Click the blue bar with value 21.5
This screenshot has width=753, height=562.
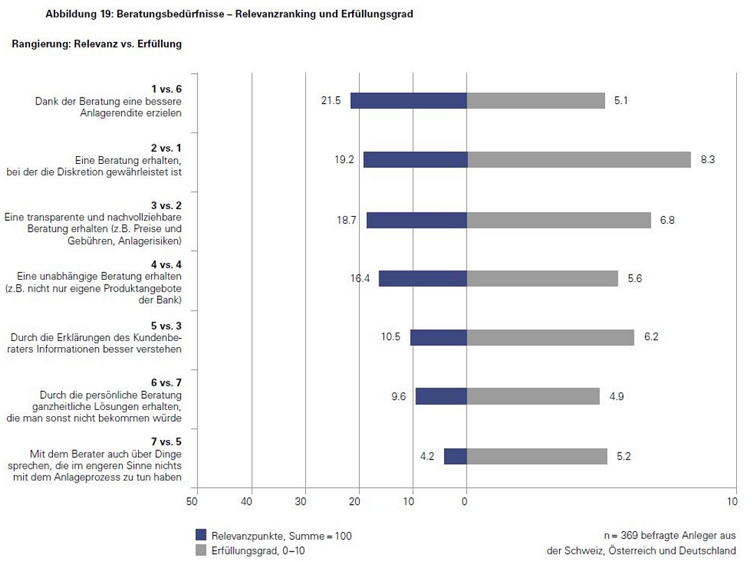coord(409,100)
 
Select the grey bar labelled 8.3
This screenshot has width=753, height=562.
coord(579,160)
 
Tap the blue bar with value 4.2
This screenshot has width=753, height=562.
coord(455,456)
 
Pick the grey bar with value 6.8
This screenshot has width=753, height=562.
coord(558,220)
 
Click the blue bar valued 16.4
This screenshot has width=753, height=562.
coord(423,278)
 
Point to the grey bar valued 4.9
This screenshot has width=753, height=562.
coord(533,396)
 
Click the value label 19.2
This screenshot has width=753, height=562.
coord(344,160)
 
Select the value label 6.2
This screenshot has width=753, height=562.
coord(651,337)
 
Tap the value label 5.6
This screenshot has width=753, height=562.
coord(634,278)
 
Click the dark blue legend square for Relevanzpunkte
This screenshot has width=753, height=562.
coord(201,535)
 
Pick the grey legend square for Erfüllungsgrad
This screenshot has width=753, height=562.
coord(201,550)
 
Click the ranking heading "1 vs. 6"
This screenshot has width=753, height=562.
coord(167,89)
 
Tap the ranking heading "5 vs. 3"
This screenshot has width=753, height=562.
coord(167,326)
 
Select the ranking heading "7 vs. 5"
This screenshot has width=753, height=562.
coord(167,441)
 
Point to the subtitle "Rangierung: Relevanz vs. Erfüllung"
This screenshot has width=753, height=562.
coord(97,44)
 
